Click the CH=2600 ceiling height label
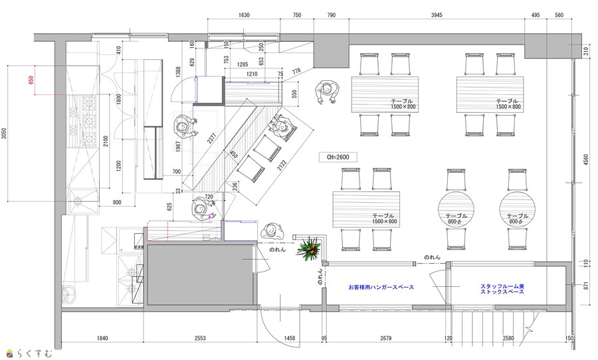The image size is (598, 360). pos(338,157)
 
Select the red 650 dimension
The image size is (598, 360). pos(31,80)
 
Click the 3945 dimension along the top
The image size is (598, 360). pos(437,15)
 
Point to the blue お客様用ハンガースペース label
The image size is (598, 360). pos(381,287)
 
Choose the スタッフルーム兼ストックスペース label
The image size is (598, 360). pos(502,289)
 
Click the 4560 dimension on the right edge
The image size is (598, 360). pos(586,160)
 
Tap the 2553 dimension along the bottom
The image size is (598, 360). pos(200,338)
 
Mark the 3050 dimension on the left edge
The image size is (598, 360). pos(4,134)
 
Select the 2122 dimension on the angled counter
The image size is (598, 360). pos(282,164)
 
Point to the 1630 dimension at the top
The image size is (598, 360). pos(244,15)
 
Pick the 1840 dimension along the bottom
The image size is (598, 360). pos(102,338)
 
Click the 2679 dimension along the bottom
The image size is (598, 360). pos(386,338)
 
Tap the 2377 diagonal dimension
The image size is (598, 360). pos(212,138)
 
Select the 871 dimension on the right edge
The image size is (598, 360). pos(586,285)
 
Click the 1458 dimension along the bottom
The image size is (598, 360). pos(290,338)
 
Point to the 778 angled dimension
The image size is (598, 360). pos(296,71)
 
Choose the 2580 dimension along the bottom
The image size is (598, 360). pos(508,338)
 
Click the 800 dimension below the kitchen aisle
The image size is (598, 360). pos(117,203)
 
